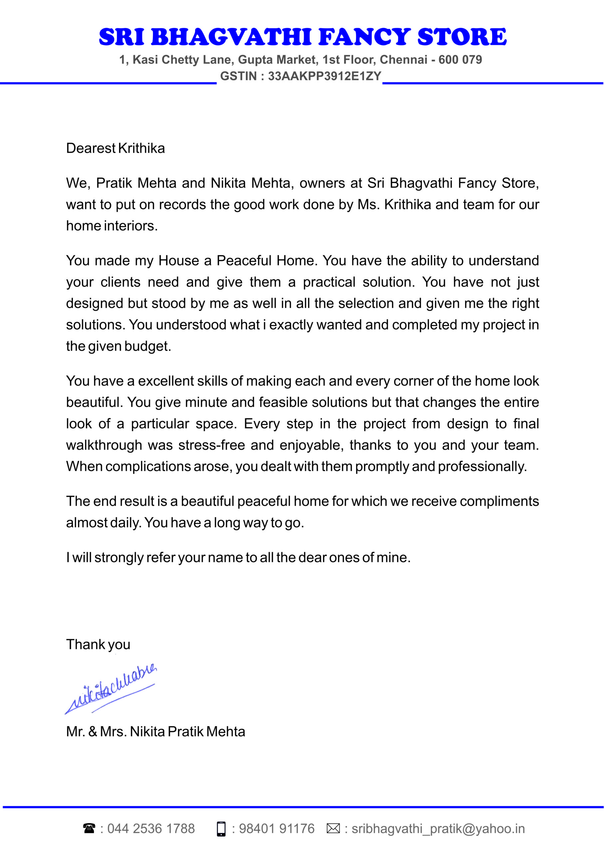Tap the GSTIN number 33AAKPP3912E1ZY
[x=324, y=76]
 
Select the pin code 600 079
[x=460, y=60]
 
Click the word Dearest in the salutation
[x=91, y=148]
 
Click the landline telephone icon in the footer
[x=89, y=829]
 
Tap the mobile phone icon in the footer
[x=221, y=829]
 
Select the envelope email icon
[x=333, y=829]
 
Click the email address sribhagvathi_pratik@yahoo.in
[x=438, y=829]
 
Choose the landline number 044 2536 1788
[x=151, y=829]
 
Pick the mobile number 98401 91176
[x=276, y=829]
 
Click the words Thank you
[x=98, y=645]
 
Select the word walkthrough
[x=104, y=445]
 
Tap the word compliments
[x=499, y=502]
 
